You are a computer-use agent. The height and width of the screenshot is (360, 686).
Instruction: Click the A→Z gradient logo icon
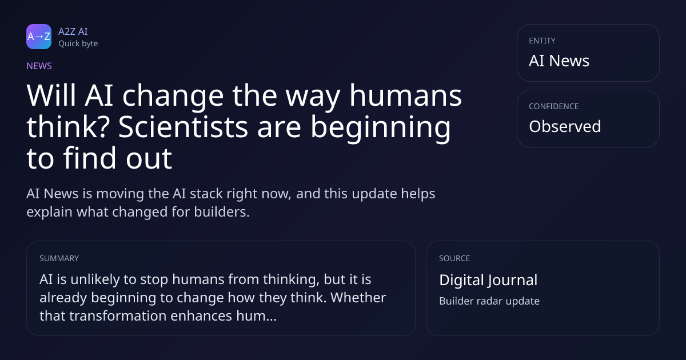39,37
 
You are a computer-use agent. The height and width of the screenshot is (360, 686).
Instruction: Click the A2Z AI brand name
73,31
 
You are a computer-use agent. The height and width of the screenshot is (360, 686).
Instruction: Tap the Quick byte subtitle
78,44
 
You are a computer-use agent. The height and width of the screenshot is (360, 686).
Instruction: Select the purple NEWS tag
39,66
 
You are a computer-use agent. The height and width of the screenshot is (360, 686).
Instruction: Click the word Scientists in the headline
183,127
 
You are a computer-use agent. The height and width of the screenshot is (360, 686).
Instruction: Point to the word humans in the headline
405,95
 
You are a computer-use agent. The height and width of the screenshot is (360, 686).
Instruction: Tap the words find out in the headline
118,158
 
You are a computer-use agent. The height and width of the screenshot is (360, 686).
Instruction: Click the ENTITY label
542,41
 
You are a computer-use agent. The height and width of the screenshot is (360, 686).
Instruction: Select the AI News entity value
559,61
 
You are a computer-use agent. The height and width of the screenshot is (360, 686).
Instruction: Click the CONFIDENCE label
554,106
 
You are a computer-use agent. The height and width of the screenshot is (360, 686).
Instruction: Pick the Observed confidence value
565,126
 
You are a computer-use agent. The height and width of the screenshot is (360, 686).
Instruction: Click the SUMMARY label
59,258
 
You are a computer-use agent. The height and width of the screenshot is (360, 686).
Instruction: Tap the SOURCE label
454,258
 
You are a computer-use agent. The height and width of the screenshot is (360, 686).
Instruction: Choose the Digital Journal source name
488,280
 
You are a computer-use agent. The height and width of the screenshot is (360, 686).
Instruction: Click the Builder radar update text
489,301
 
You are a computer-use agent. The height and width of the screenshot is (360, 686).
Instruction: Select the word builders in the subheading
222,212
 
